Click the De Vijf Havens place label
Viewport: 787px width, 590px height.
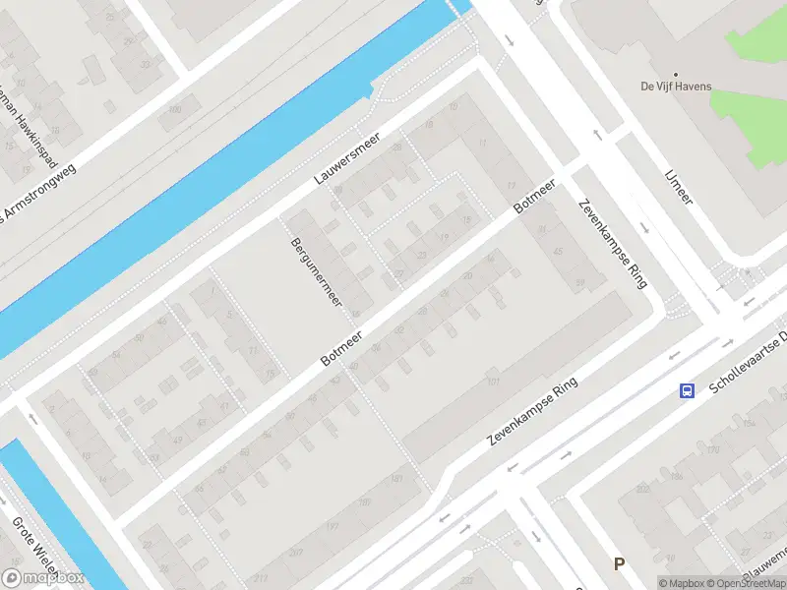[x=676, y=87]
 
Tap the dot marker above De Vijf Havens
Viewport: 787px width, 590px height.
[x=676, y=74]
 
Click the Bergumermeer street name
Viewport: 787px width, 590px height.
[x=315, y=270]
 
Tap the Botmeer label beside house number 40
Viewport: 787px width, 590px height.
[x=342, y=349]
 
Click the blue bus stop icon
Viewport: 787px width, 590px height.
[x=687, y=390]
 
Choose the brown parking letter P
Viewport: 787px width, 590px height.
[x=619, y=563]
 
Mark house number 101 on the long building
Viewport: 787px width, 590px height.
[x=494, y=382]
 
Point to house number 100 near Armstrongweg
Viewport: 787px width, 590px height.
[x=175, y=109]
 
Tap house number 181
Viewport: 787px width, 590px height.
[x=396, y=479]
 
